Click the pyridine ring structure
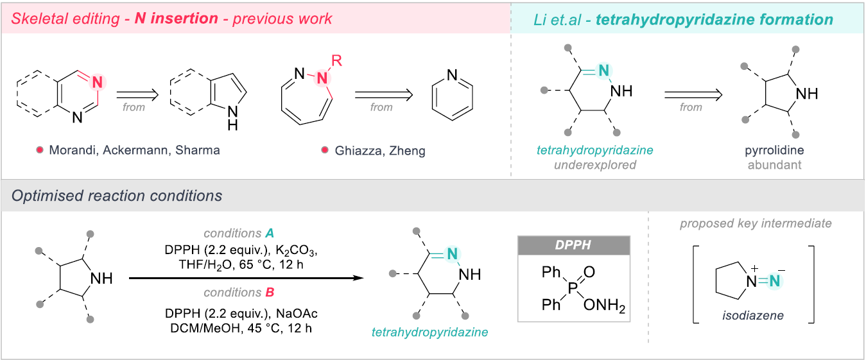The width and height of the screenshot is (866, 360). pyautogui.click(x=453, y=96)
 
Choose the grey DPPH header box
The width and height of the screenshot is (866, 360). pyautogui.click(x=574, y=246)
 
